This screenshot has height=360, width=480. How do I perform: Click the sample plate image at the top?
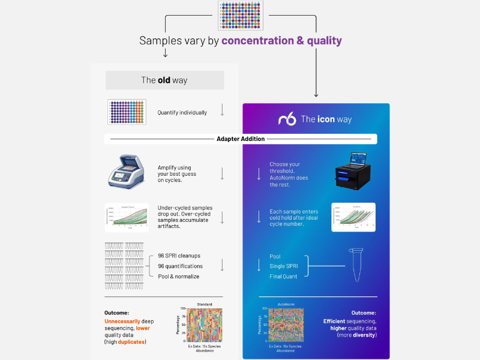[x=241, y=16]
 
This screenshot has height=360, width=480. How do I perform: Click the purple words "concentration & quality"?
[x=281, y=41]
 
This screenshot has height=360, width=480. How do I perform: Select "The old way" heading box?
[x=165, y=80]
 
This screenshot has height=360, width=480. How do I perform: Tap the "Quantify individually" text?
[x=182, y=112]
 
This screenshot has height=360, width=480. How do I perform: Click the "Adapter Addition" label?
[x=241, y=139]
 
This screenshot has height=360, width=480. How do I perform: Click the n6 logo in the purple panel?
[x=287, y=119]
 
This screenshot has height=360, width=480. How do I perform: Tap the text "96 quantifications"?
[x=180, y=266]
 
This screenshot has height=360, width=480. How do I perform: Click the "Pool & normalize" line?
[x=178, y=276]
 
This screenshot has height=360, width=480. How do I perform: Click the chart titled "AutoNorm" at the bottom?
[x=287, y=324]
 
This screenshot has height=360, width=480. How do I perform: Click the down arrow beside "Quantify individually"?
[x=222, y=110]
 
